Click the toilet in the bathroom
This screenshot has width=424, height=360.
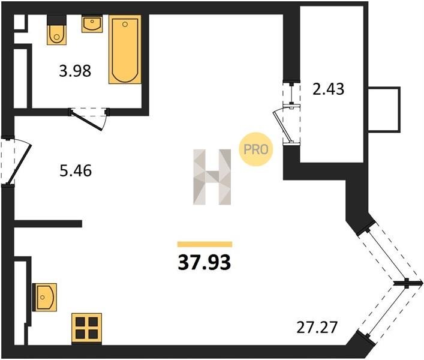(x=56, y=34)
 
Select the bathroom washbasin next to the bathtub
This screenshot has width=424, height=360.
(x=92, y=24)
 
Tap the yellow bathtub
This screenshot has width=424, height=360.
(x=125, y=49)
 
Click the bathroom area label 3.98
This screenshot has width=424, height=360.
(x=75, y=71)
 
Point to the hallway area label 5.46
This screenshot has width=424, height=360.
(x=76, y=171)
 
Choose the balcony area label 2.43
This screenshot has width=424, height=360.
(x=328, y=89)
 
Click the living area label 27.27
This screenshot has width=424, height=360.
(x=317, y=327)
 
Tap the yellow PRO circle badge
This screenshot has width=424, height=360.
(x=256, y=149)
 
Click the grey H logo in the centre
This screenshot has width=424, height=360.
(x=212, y=177)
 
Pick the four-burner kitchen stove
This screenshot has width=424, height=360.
(x=86, y=329)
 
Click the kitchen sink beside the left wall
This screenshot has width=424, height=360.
(x=44, y=297)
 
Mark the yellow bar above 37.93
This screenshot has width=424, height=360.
(x=205, y=244)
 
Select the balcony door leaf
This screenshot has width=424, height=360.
(x=282, y=127)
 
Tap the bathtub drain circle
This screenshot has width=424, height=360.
(x=125, y=25)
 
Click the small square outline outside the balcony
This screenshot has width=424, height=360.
(x=384, y=110)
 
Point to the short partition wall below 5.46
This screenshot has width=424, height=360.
(x=48, y=223)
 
